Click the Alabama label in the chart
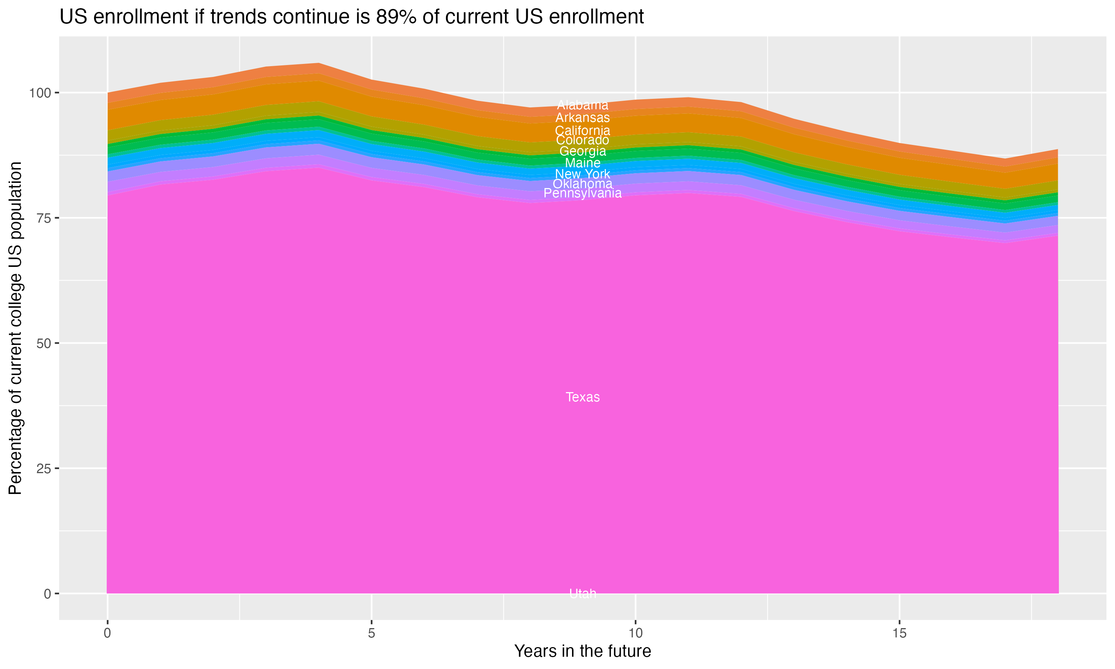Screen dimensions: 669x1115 tap(582, 106)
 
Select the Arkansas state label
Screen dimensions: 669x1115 tap(582, 118)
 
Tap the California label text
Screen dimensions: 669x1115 tap(582, 131)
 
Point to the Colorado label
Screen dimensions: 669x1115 tap(582, 140)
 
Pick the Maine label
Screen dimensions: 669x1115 tap(582, 163)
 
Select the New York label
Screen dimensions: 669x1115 tap(582, 174)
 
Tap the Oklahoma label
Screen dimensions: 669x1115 tap(582, 184)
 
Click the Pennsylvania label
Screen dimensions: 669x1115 tap(582, 193)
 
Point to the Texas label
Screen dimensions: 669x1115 tap(582, 397)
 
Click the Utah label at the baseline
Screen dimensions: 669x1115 tap(582, 594)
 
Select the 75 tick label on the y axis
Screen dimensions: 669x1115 tap(42, 218)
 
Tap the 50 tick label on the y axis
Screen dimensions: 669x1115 tap(42, 343)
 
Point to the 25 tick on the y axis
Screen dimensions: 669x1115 tap(42, 469)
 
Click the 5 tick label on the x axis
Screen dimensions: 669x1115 tap(371, 633)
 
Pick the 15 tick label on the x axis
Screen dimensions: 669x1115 tap(899, 633)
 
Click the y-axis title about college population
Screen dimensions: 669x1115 tap(16, 328)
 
